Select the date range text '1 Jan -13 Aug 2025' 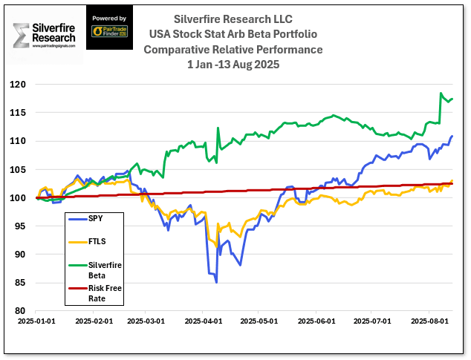click(233, 65)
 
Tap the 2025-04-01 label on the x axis click(203, 321)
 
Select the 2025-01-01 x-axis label click(33, 321)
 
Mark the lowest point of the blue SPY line click(216, 282)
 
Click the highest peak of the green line click(441, 94)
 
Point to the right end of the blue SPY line click(452, 136)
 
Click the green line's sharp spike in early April click(218, 128)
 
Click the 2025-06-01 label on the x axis click(316, 321)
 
